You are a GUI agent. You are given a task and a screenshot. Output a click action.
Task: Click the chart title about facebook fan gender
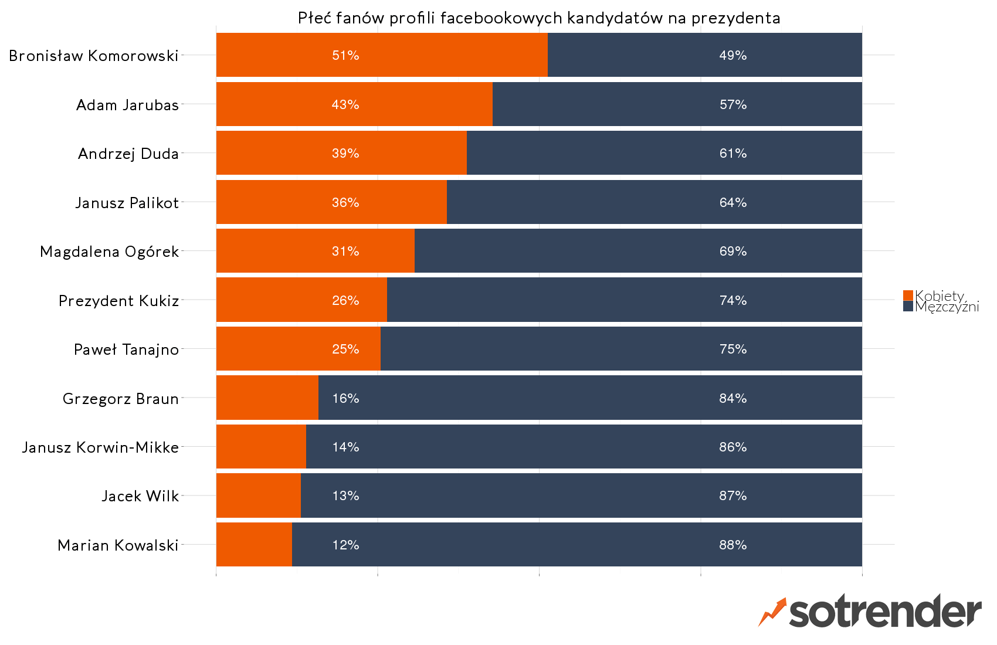tap(538, 18)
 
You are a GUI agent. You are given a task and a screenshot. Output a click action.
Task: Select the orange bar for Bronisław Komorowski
tap(381, 55)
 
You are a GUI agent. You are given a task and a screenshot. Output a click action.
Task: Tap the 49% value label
tap(733, 55)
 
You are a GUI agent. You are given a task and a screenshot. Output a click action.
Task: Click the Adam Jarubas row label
tap(127, 105)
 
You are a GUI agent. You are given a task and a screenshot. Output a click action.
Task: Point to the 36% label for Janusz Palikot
tap(345, 202)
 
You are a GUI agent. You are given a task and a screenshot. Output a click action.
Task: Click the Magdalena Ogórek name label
tap(109, 252)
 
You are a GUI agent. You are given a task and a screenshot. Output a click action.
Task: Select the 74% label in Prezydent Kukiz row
tap(733, 300)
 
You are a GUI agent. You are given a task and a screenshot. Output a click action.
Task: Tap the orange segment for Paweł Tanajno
tap(298, 349)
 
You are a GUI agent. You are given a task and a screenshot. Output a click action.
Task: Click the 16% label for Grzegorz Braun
tap(345, 398)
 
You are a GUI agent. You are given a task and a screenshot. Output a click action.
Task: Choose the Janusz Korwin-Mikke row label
tap(100, 447)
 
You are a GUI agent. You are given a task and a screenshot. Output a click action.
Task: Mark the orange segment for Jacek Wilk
tap(258, 495)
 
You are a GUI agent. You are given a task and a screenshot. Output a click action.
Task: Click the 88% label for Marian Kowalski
tap(733, 545)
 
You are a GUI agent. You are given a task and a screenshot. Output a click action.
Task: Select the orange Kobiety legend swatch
tap(908, 296)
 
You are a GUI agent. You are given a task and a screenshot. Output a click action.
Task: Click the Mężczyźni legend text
tap(947, 307)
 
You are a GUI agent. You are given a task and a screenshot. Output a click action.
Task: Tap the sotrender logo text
tap(884, 613)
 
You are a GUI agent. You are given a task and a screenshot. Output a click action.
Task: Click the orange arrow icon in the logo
tap(772, 612)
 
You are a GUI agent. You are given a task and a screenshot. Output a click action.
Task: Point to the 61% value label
tap(733, 153)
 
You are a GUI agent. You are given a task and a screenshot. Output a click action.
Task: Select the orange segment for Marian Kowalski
tap(254, 545)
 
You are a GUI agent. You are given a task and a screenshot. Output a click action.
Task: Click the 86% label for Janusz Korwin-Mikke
tap(733, 447)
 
